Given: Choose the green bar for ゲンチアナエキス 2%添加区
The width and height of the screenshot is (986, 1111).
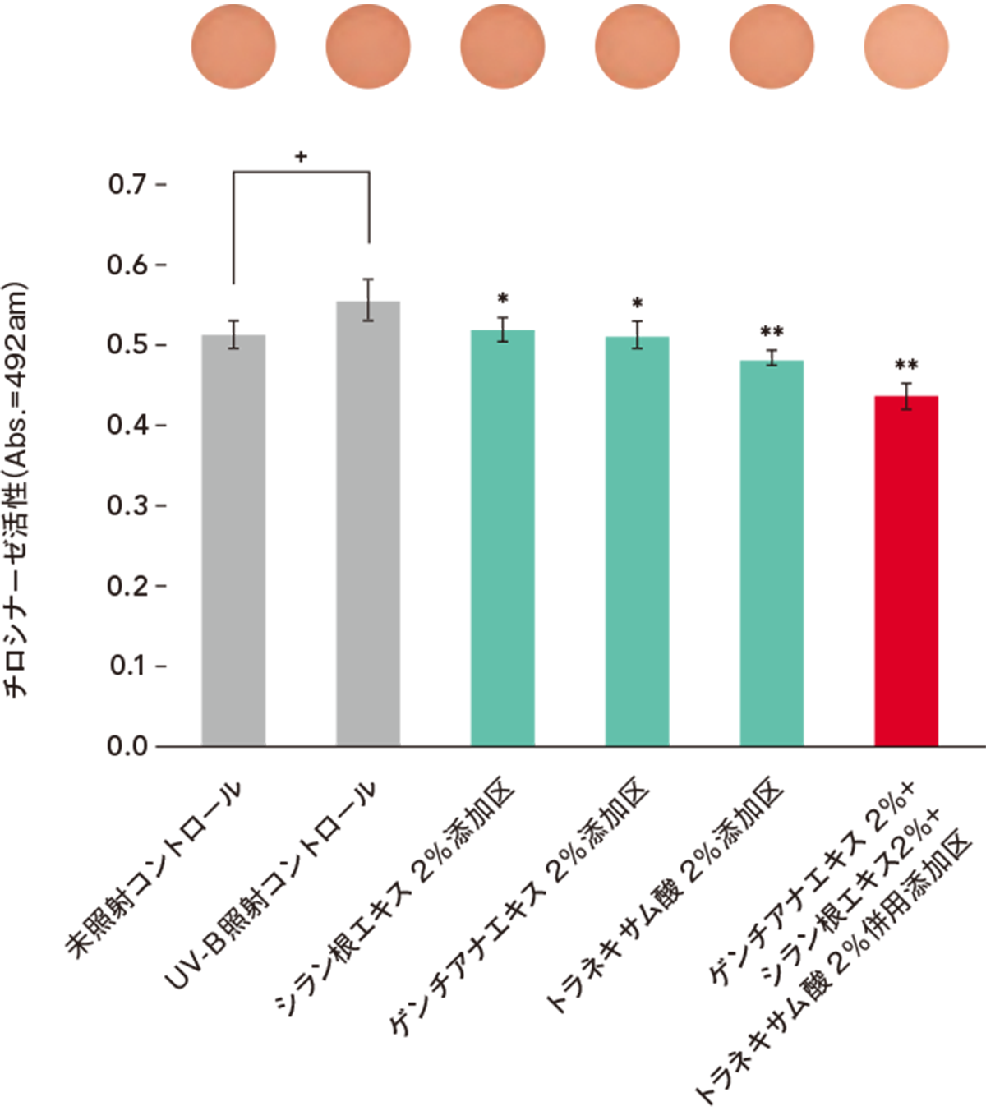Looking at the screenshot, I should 637,542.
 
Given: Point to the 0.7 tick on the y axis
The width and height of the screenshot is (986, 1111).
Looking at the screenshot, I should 128,184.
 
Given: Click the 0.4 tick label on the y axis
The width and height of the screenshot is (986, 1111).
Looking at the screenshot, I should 128,425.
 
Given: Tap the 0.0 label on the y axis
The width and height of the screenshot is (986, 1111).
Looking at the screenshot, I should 128,746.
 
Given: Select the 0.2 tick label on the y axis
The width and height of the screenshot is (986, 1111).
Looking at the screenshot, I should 128,586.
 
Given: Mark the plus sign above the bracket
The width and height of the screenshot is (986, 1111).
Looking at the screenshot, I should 302,156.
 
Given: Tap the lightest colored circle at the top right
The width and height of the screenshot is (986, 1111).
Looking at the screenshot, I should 906,47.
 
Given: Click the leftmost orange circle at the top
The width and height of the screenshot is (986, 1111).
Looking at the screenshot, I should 233,47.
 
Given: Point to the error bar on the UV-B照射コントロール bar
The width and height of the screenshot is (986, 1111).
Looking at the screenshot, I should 368,300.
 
